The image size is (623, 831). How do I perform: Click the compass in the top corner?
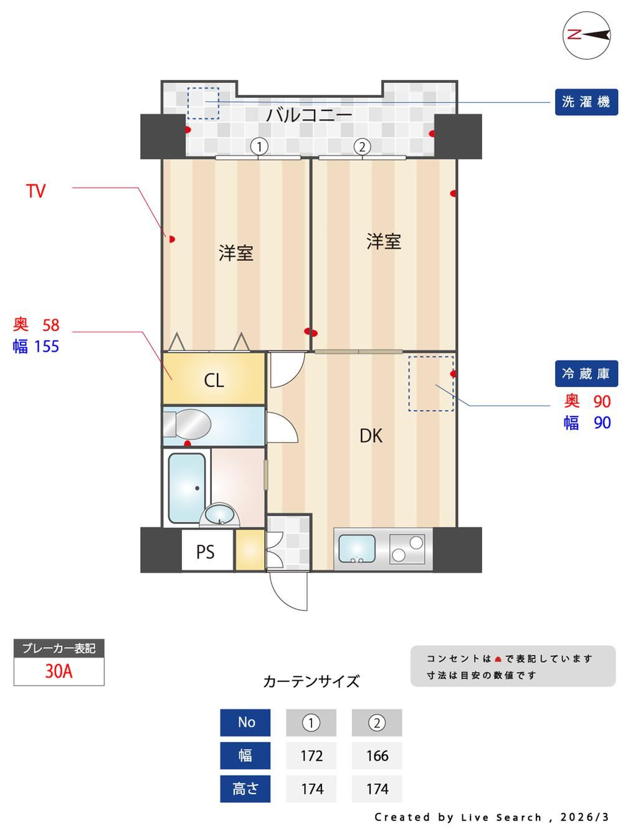(587, 35)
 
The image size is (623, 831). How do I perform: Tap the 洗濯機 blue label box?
(586, 102)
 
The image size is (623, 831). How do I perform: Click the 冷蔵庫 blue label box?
(586, 373)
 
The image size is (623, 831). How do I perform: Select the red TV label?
(36, 191)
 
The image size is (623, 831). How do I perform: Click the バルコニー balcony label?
(308, 115)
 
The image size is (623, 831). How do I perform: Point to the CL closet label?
(214, 380)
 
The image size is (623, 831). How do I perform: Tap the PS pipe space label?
(206, 552)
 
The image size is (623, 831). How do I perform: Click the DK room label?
(371, 436)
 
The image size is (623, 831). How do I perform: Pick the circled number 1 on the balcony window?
(259, 147)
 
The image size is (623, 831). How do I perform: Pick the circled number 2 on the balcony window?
(362, 147)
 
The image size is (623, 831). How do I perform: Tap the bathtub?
(187, 489)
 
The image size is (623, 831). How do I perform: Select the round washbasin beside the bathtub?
(219, 515)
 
